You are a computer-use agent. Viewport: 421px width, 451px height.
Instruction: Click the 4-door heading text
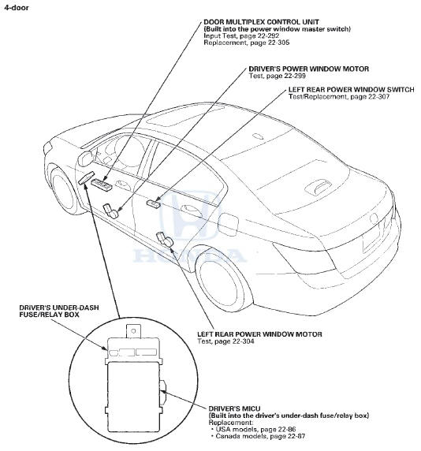16,8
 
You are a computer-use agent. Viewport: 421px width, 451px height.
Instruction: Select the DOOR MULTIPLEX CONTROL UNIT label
261,22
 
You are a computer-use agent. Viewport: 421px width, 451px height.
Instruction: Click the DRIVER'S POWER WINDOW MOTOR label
308,69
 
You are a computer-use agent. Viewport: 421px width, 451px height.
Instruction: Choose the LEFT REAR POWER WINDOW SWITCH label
352,90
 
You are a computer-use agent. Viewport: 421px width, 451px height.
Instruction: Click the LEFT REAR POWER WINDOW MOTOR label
259,334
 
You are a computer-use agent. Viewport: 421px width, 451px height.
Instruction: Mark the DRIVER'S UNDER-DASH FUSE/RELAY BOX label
59,311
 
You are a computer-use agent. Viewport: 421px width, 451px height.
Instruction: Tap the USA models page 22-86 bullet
253,430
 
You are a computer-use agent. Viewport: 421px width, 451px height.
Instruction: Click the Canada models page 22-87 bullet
258,436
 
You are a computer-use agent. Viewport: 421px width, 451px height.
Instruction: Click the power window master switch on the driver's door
102,184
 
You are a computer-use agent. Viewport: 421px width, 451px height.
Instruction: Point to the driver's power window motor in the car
110,211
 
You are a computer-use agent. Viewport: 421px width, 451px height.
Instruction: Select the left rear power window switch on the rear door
154,203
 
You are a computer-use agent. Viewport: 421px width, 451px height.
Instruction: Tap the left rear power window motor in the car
164,240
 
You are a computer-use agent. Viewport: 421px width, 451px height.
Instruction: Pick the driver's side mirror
85,158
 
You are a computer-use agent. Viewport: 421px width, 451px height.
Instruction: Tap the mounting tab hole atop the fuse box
133,331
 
